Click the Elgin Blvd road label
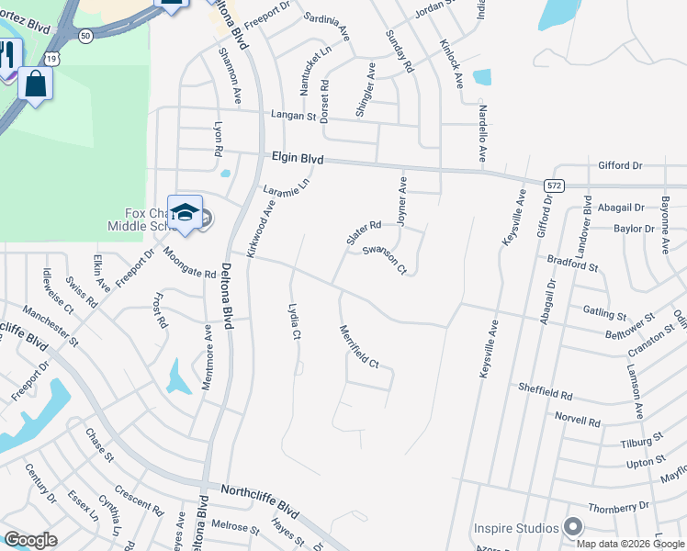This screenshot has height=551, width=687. pyautogui.click(x=298, y=158)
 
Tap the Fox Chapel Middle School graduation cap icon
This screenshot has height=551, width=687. pyautogui.click(x=185, y=213)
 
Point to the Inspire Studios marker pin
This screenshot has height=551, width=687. pyautogui.click(x=574, y=527)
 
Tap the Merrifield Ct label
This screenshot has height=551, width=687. pyautogui.click(x=359, y=347)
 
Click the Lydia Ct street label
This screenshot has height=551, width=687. pyautogui.click(x=295, y=321)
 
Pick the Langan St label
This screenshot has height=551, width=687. pyautogui.click(x=293, y=117)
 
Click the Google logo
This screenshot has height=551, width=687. pyautogui.click(x=30, y=540)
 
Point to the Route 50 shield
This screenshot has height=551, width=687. pyautogui.click(x=84, y=35)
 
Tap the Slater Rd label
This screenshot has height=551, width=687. pyautogui.click(x=363, y=231)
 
